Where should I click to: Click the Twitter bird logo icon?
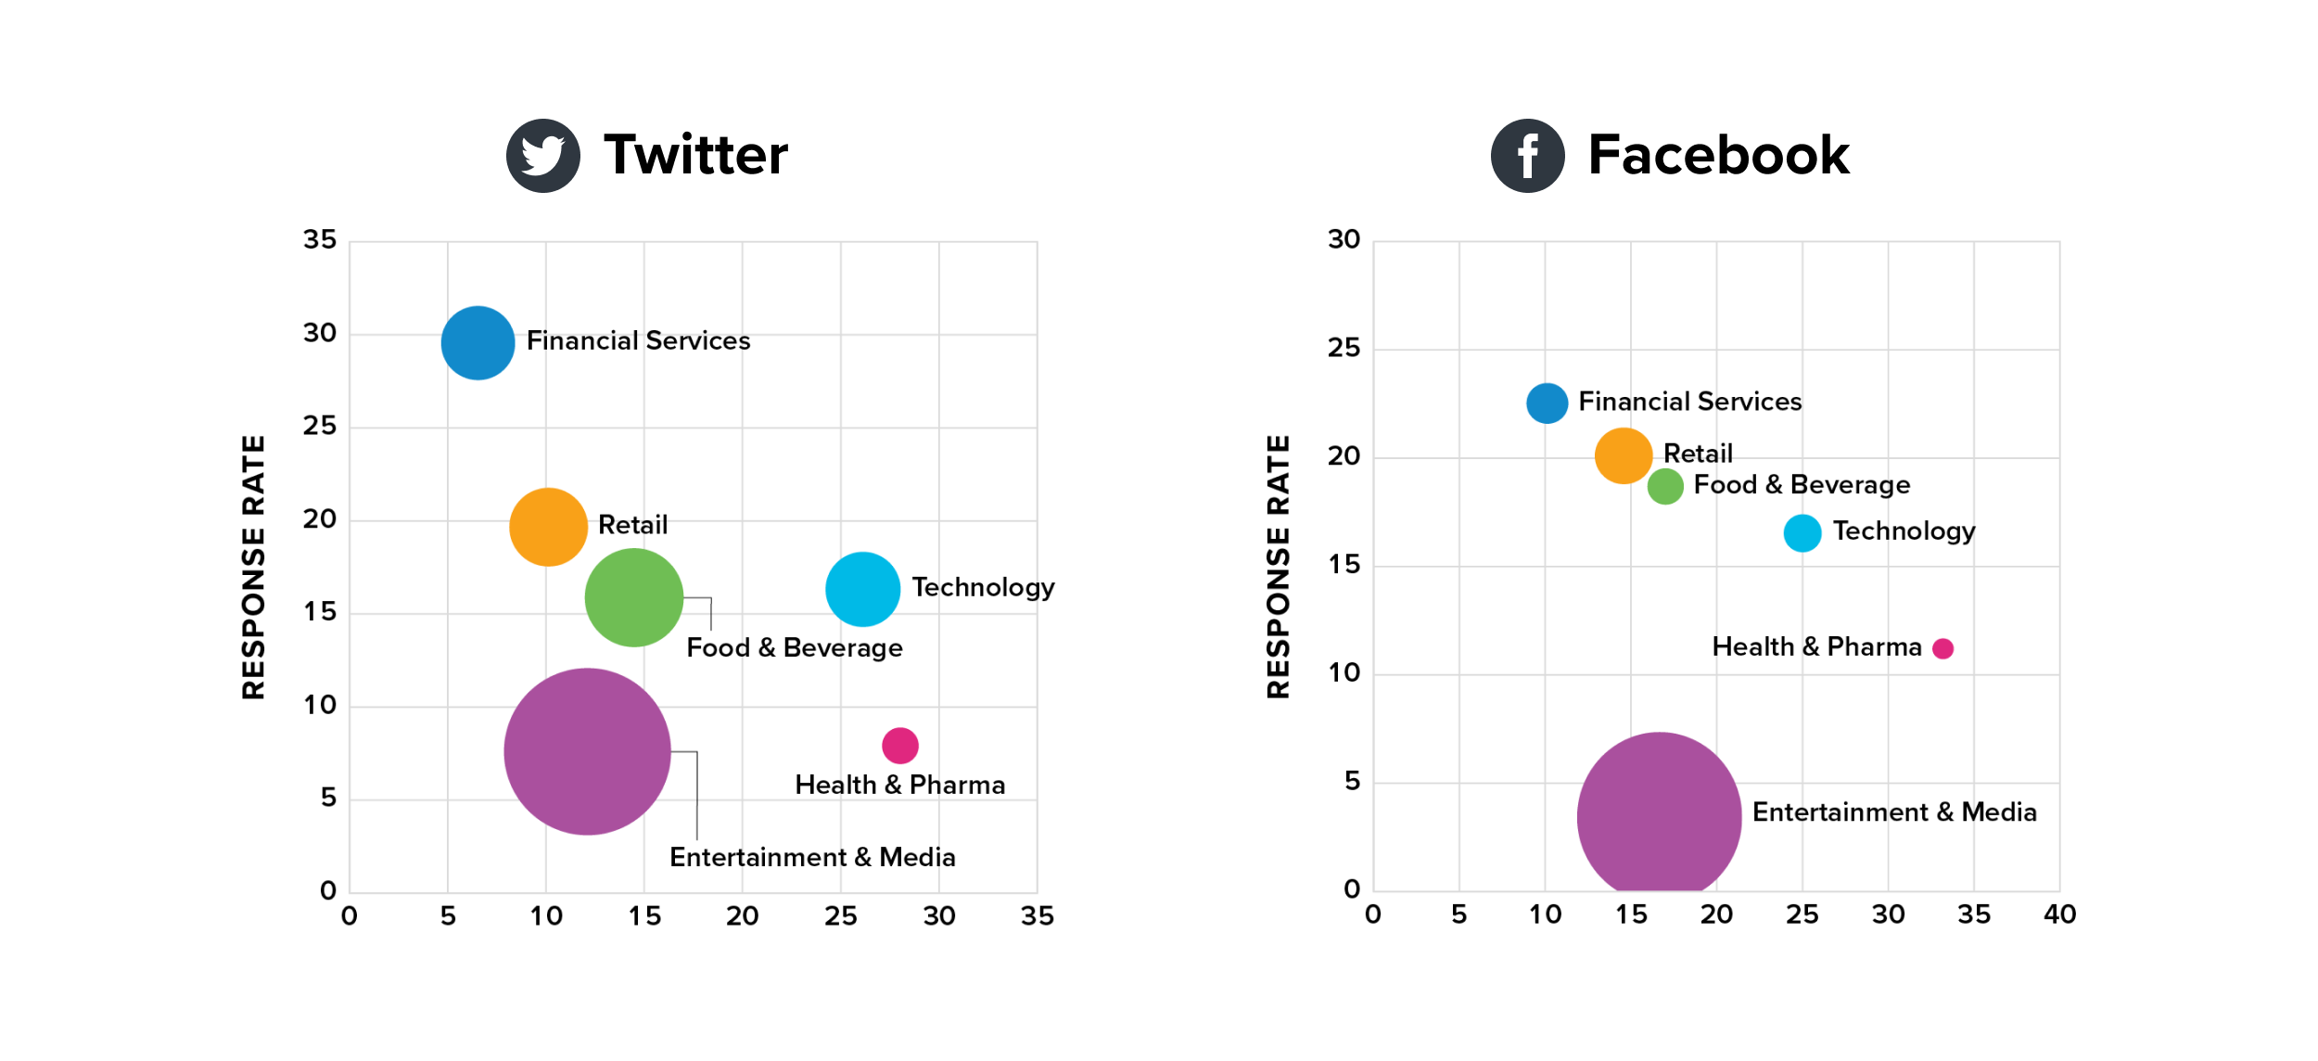pos(542,156)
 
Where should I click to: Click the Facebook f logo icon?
pos(1527,156)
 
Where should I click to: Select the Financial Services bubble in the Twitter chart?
pos(478,343)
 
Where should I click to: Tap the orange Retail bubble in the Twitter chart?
pos(548,527)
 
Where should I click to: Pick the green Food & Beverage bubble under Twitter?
pos(634,597)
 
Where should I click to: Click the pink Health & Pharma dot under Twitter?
pos(899,745)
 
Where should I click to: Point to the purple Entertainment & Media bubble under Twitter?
pos(587,751)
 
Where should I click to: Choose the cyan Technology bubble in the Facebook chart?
pos(1802,533)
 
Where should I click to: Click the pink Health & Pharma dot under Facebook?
pos(1942,649)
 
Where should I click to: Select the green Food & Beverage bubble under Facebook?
pos(1664,486)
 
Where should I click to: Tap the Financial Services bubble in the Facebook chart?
pos(1547,403)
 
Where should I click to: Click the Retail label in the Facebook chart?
pos(1698,454)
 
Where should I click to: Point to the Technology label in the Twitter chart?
pos(983,588)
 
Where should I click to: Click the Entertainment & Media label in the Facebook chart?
pos(1893,812)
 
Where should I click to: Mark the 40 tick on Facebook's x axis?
pos(2059,914)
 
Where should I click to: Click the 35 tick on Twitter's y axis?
pos(320,240)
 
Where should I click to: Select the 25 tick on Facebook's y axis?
pos(1344,349)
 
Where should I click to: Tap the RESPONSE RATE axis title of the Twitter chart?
pos(253,567)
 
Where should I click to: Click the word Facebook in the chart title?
pos(1718,155)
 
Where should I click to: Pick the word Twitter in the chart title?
pos(695,155)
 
